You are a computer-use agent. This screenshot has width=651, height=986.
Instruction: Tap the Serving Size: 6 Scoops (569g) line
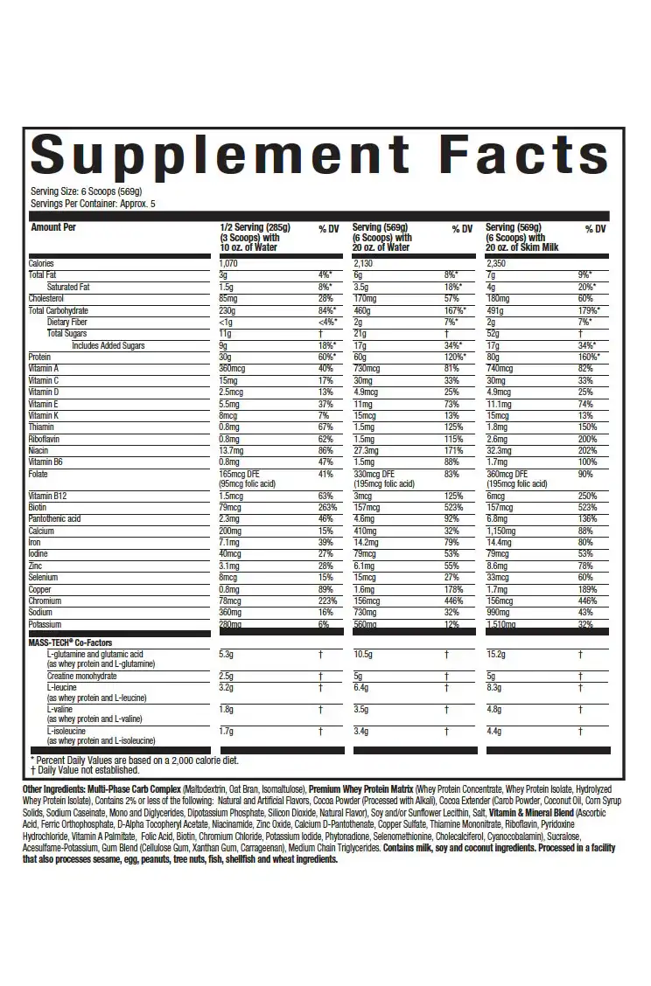click(87, 191)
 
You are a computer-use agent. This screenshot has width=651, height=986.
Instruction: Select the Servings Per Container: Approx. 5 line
click(99, 203)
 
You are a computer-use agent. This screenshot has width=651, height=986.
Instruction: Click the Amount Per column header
click(59, 228)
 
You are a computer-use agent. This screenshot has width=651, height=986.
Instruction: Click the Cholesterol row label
click(47, 298)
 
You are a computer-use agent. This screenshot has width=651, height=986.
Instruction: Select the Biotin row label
click(38, 507)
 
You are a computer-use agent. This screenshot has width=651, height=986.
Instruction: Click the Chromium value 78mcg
click(231, 601)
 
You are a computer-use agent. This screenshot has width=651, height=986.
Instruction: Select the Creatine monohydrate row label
click(83, 676)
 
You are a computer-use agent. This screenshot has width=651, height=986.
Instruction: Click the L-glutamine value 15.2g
click(497, 653)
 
